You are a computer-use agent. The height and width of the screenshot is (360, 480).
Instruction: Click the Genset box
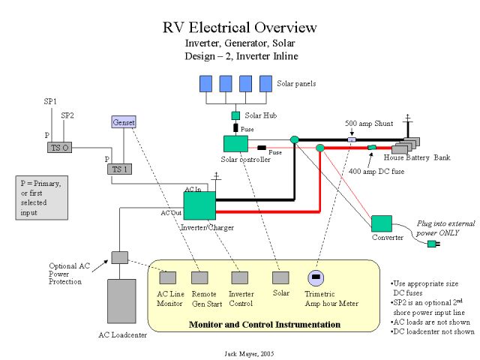point(123,121)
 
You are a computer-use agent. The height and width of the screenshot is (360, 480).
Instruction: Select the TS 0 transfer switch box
point(60,147)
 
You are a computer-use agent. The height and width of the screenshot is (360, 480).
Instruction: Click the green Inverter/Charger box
point(199,206)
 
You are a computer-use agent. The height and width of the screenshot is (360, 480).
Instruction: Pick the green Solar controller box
point(235,144)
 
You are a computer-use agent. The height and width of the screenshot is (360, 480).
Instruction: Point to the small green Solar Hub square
point(235,115)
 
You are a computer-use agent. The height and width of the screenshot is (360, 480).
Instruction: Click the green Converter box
point(382,223)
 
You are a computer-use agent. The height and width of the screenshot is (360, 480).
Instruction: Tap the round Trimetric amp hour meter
point(316,278)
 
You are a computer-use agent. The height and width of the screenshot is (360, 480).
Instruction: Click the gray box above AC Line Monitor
point(168,277)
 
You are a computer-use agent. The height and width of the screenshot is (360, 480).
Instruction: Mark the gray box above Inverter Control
point(240,277)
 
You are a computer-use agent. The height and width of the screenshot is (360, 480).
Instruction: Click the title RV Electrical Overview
point(240,28)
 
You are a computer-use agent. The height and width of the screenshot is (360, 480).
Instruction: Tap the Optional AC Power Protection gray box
point(120,257)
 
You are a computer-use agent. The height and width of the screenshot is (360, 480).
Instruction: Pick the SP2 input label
point(67,115)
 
